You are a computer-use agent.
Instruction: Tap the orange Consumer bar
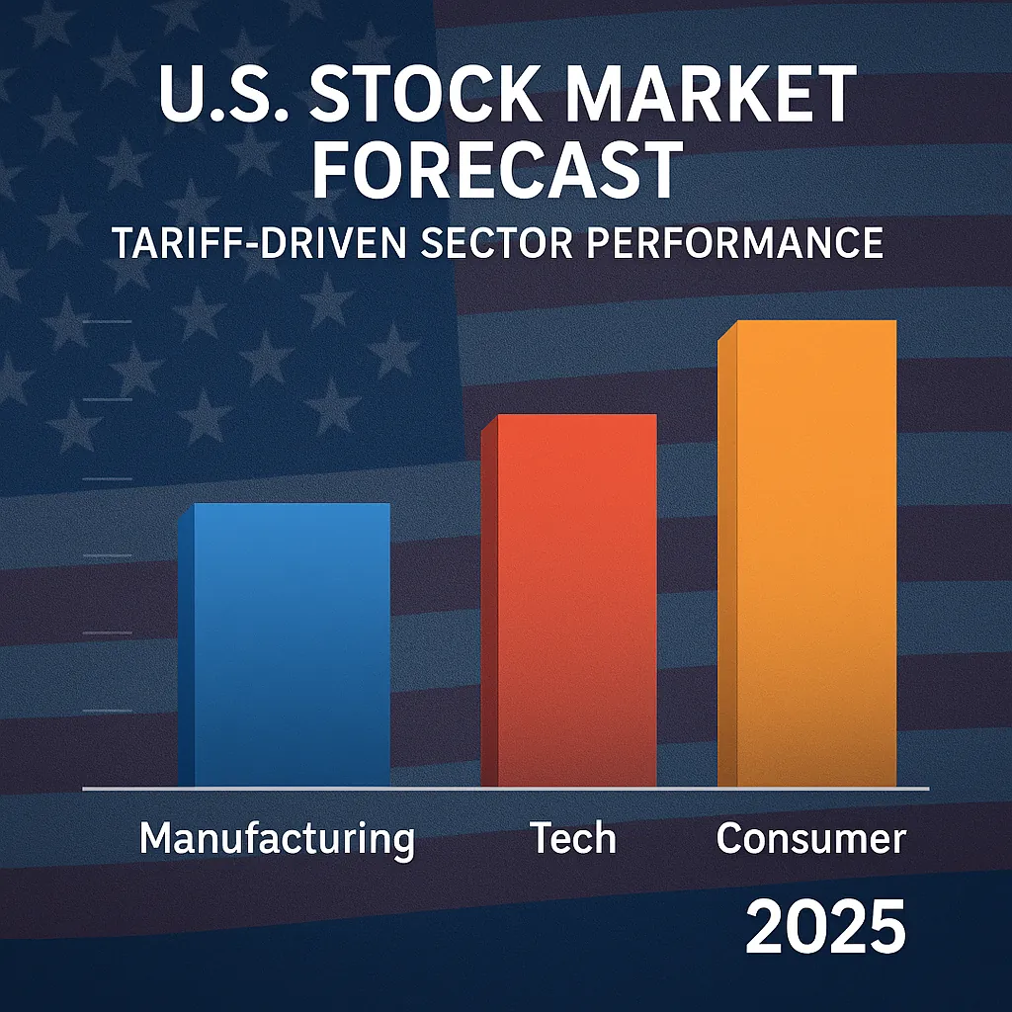coord(816,553)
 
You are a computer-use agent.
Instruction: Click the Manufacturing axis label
coord(277,840)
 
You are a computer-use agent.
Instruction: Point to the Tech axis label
coord(573,839)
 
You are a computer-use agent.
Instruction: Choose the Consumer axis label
coord(810,839)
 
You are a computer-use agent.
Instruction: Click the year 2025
coord(824,926)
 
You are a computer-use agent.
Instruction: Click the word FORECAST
coord(497,169)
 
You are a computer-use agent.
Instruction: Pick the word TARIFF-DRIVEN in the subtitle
coord(259,242)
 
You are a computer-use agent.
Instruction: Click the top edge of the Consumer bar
coord(816,322)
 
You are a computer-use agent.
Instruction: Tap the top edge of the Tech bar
coord(576,416)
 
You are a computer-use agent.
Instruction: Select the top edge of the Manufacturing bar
coord(292,505)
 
